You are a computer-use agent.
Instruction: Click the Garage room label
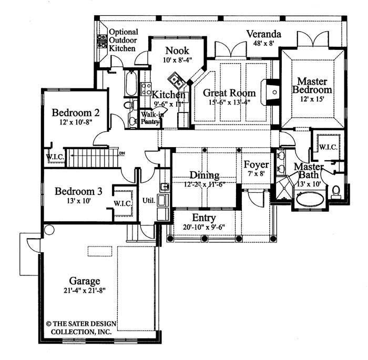pyautogui.click(x=84, y=281)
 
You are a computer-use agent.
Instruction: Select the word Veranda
pyautogui.click(x=264, y=35)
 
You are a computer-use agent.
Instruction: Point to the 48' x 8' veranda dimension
pyautogui.click(x=264, y=44)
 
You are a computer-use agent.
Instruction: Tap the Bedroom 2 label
pyautogui.click(x=79, y=113)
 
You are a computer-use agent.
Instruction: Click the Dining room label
pyautogui.click(x=205, y=176)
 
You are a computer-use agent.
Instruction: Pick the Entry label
pyautogui.click(x=204, y=218)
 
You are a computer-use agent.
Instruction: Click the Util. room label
pyautogui.click(x=149, y=200)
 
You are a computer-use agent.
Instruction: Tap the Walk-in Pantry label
pyautogui.click(x=149, y=117)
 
